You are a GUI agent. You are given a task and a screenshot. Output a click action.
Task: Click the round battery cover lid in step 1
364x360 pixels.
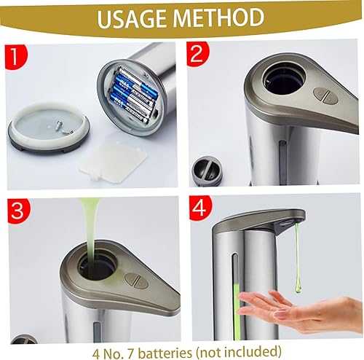49,127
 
